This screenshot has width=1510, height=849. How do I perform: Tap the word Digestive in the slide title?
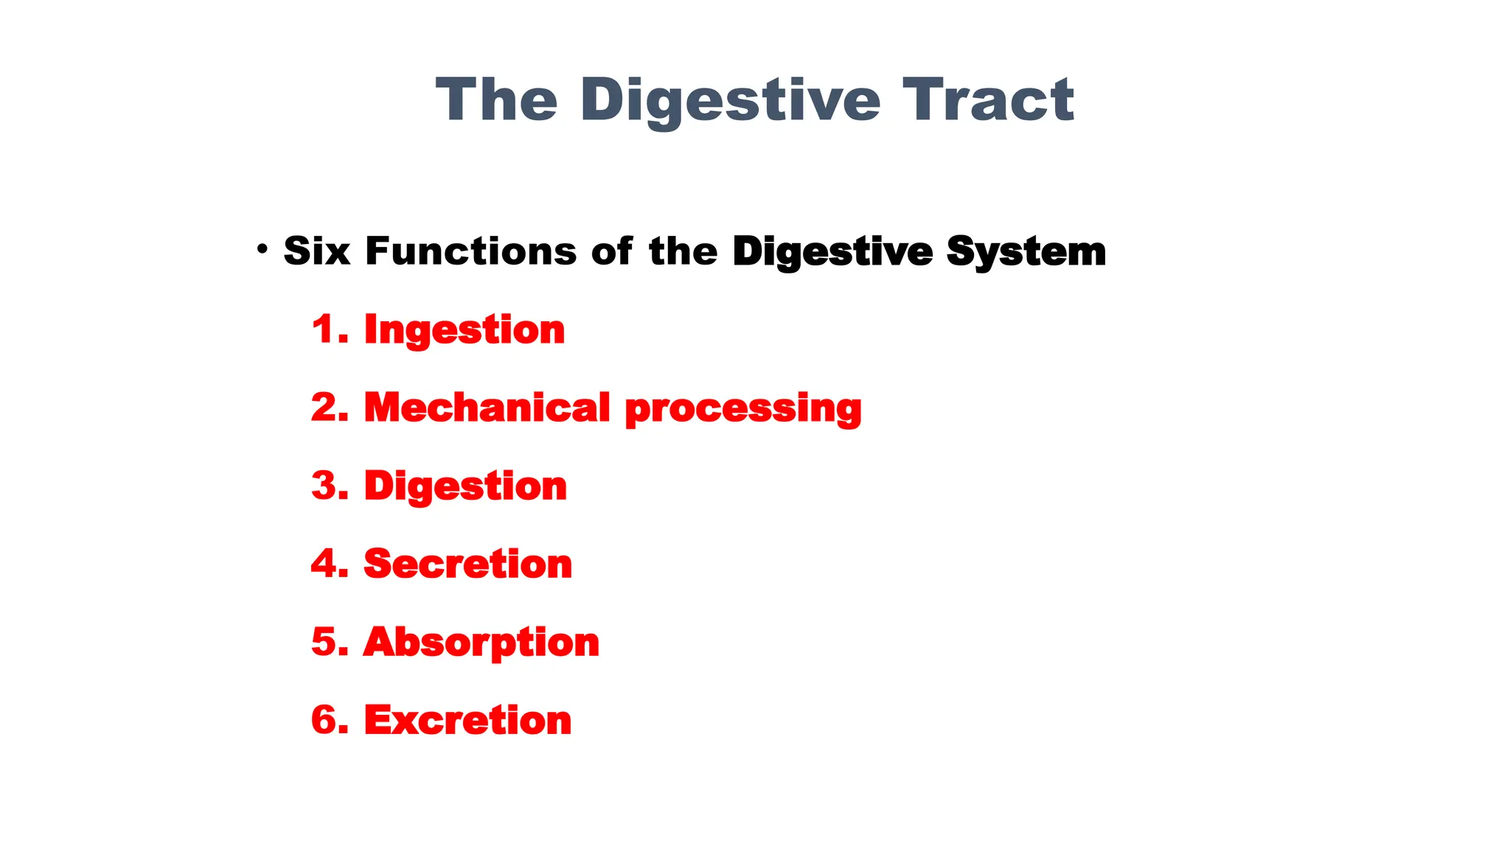[730, 102]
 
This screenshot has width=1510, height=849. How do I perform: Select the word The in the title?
[496, 100]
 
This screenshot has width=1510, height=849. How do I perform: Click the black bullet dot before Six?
[262, 250]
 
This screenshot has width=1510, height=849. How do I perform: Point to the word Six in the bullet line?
[316, 251]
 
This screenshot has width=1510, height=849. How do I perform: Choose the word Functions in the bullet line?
[470, 251]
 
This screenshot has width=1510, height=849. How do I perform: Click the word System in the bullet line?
[1026, 252]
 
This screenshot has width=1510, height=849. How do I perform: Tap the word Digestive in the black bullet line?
[832, 252]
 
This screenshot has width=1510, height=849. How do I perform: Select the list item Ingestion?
[465, 329]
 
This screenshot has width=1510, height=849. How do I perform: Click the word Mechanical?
[487, 408]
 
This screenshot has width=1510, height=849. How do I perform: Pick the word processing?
[742, 409]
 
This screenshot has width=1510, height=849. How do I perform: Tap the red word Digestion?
[465, 486]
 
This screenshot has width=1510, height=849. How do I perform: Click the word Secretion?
[467, 564]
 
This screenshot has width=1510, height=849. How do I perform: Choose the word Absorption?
[481, 643]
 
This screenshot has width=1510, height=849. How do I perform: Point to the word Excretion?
[467, 720]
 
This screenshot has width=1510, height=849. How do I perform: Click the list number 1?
[324, 329]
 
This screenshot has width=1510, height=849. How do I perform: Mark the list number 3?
[324, 486]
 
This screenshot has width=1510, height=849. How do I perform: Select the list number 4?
[324, 564]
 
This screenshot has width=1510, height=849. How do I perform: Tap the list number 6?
[324, 720]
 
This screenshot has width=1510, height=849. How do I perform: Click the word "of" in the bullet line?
[611, 251]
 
